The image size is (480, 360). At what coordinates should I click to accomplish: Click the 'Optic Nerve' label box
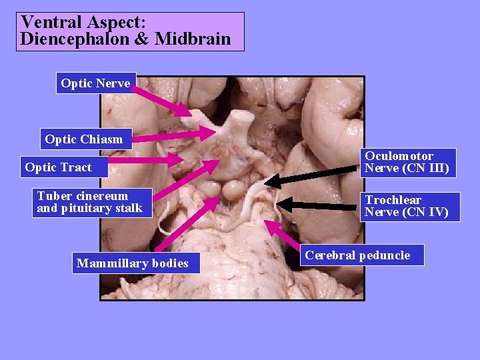pyautogui.click(x=96, y=83)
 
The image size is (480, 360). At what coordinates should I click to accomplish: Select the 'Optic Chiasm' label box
pyautogui.click(x=85, y=139)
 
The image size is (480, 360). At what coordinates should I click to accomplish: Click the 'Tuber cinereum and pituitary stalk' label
pyautogui.click(x=90, y=202)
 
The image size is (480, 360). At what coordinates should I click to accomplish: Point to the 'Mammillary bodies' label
pyautogui.click(x=133, y=263)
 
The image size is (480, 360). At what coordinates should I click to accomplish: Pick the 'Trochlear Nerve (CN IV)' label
pyautogui.click(x=411, y=207)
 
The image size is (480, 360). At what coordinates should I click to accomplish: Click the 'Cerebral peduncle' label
pyautogui.click(x=358, y=255)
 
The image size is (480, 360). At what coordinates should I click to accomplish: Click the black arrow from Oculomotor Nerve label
pyautogui.click(x=313, y=172)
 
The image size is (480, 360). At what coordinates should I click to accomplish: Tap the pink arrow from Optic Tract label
pyautogui.click(x=147, y=160)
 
